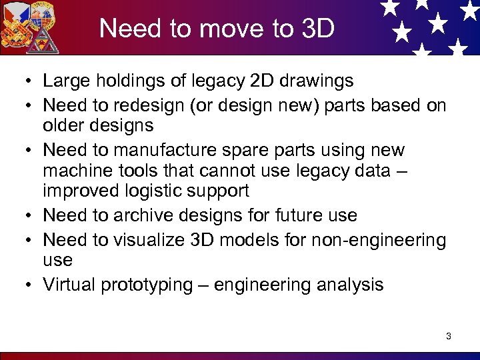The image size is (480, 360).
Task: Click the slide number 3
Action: [x=449, y=336]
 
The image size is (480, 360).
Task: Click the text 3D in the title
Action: [x=317, y=29]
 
